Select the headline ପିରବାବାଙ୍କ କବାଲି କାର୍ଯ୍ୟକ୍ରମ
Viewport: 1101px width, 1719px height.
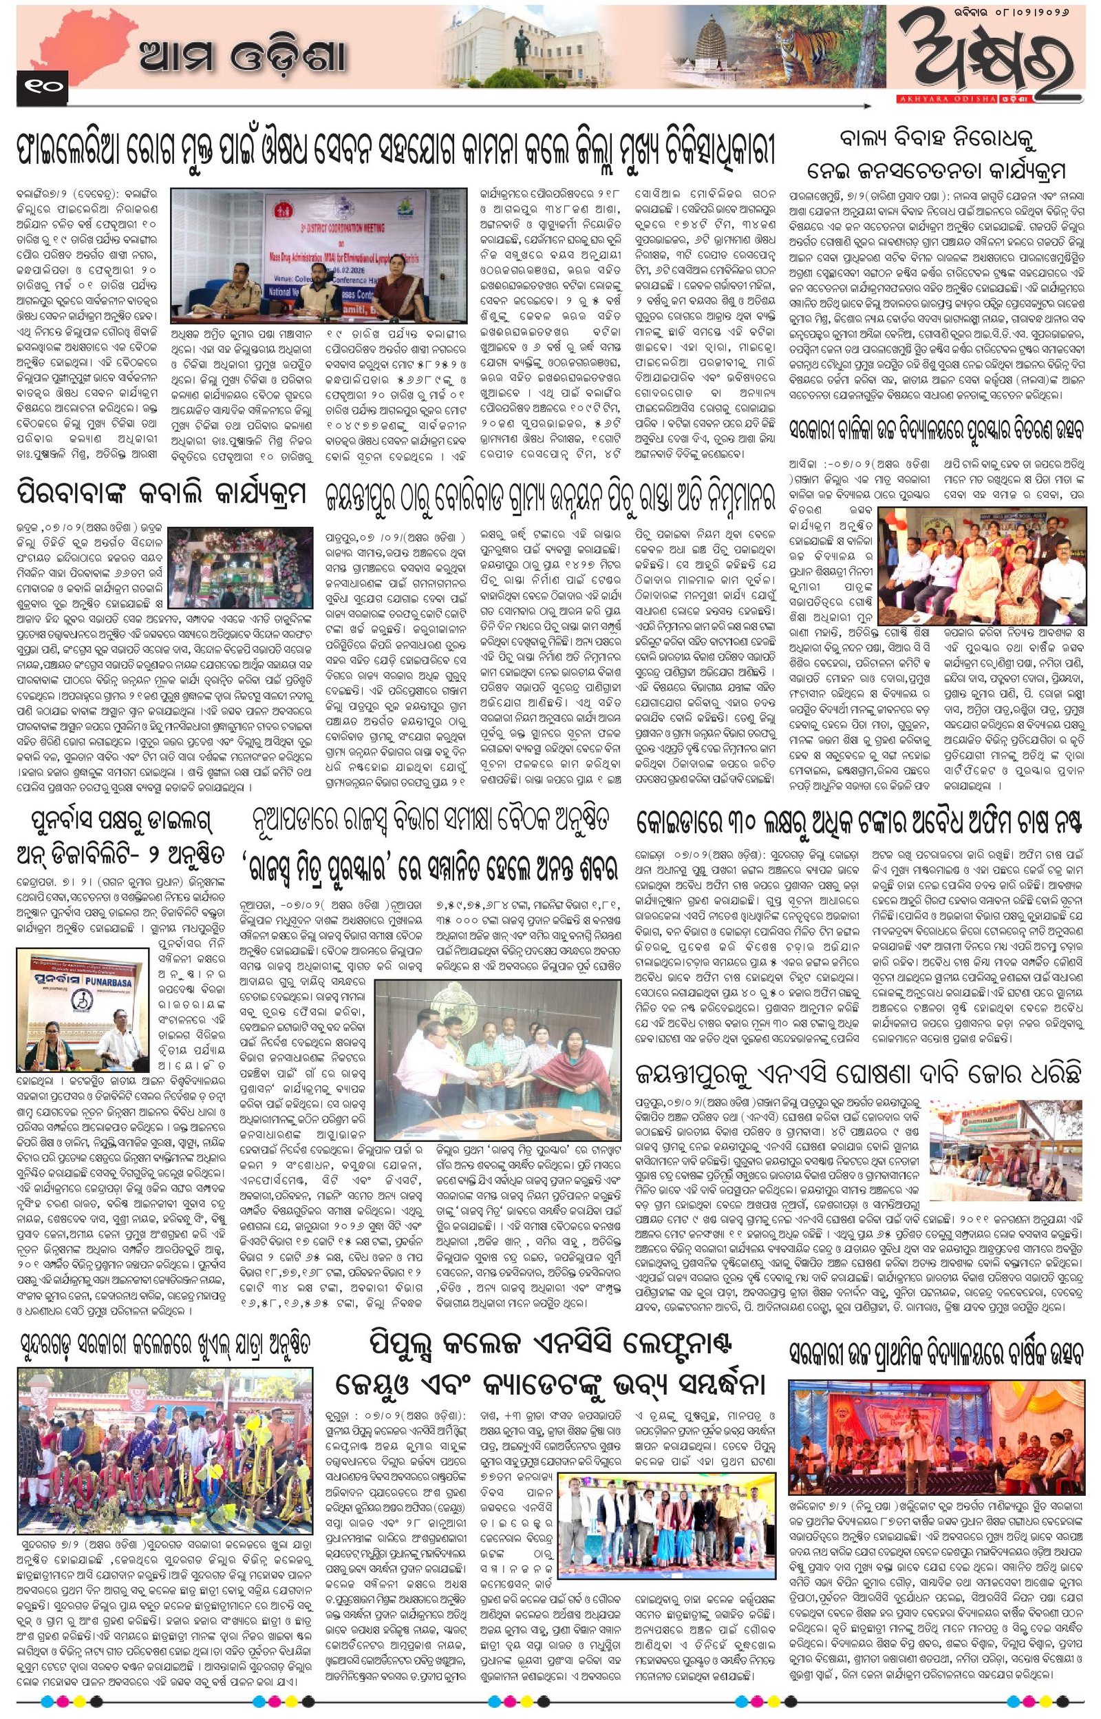[162, 494]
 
